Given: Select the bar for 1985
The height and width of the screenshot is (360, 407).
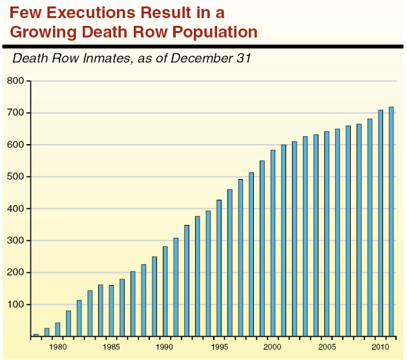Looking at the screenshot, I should point(111,311).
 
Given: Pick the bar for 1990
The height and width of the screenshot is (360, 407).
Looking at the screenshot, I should point(165,291).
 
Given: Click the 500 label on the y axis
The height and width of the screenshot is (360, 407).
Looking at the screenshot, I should point(16,177).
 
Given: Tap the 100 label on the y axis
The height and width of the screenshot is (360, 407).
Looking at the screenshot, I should point(16,304).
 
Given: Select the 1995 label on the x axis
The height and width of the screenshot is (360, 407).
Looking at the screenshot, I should point(220,347).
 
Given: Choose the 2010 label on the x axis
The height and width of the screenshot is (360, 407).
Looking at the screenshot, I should point(381,347).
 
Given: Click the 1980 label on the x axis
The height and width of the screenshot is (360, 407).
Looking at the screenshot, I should point(58,347).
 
